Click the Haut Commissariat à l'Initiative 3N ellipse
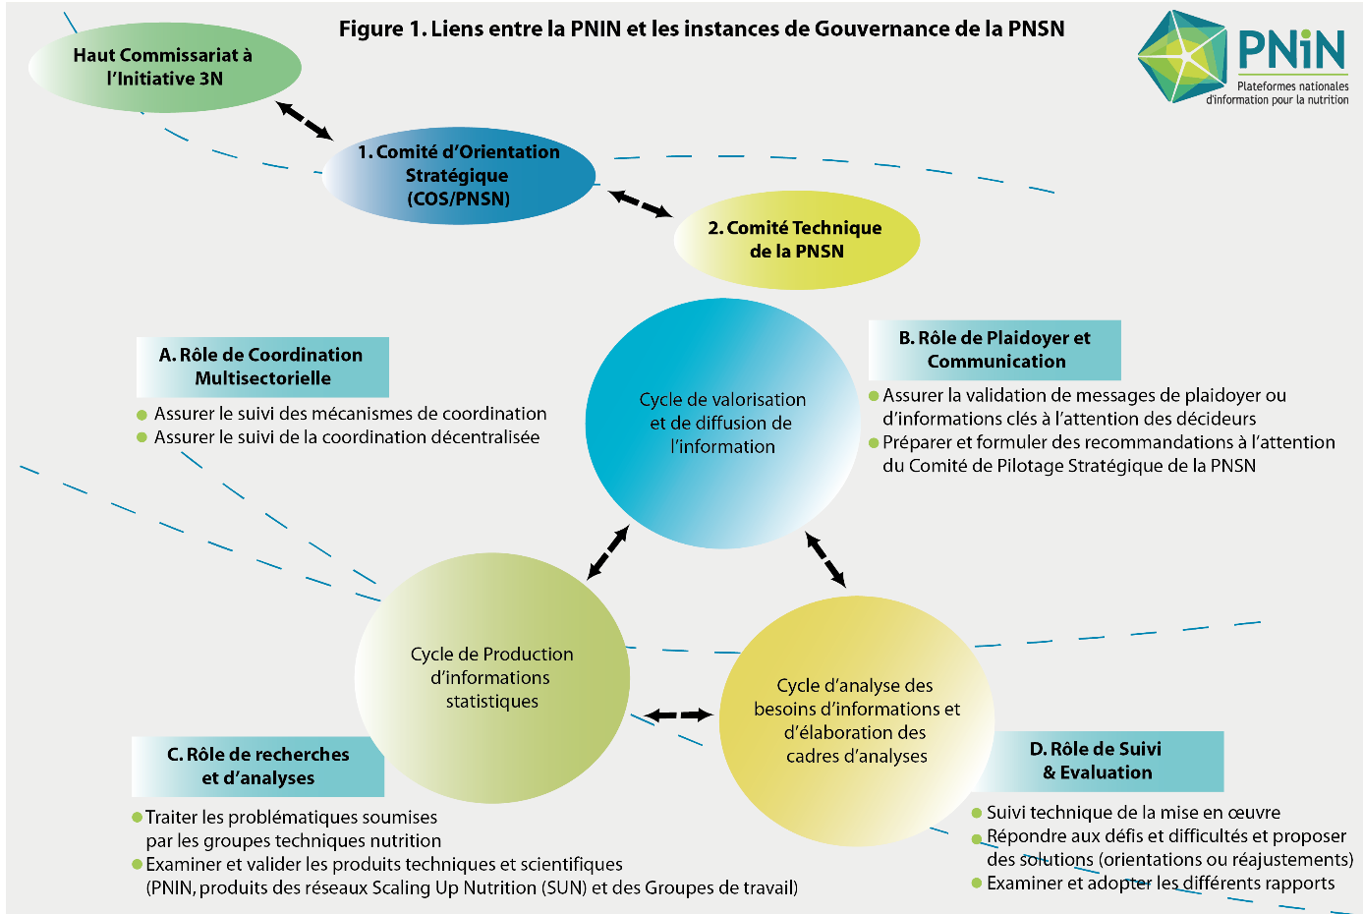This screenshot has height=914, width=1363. (x=164, y=68)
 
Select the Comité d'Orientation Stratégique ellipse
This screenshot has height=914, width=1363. (x=459, y=175)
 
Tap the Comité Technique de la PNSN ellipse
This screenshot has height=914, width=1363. (x=797, y=240)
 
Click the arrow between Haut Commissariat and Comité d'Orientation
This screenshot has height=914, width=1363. (x=305, y=121)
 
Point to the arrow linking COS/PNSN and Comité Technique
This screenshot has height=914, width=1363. (x=640, y=203)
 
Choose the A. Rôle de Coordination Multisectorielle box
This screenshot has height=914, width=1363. (x=262, y=367)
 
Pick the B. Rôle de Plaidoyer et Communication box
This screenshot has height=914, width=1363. (x=994, y=350)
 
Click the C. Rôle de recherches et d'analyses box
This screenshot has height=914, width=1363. (x=258, y=767)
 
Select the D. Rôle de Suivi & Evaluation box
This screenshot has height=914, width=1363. (x=1096, y=761)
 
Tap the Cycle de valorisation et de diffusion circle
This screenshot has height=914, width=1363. (x=723, y=424)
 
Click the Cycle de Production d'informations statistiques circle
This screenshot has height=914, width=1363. (x=491, y=678)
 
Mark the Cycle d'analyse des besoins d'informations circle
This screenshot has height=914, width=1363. (x=857, y=721)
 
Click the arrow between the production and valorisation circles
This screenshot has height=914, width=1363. (x=608, y=552)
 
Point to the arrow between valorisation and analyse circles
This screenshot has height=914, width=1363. (x=825, y=559)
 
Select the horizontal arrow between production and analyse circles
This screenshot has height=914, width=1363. (x=678, y=715)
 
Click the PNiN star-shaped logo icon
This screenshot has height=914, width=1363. (x=1183, y=56)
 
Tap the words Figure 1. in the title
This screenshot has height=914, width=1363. (x=382, y=29)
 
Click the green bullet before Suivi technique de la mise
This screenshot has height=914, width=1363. (x=977, y=813)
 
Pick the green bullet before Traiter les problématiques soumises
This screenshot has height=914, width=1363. (x=137, y=818)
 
